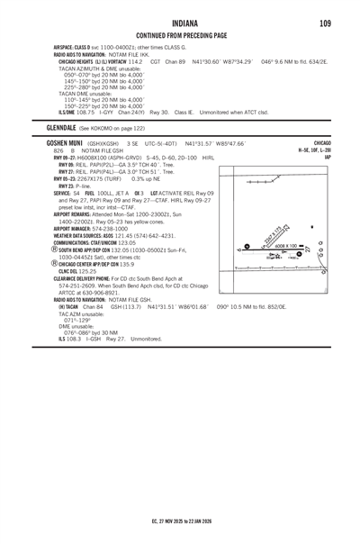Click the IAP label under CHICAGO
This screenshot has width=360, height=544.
click(328, 157)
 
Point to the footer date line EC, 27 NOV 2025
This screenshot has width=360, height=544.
click(179, 519)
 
